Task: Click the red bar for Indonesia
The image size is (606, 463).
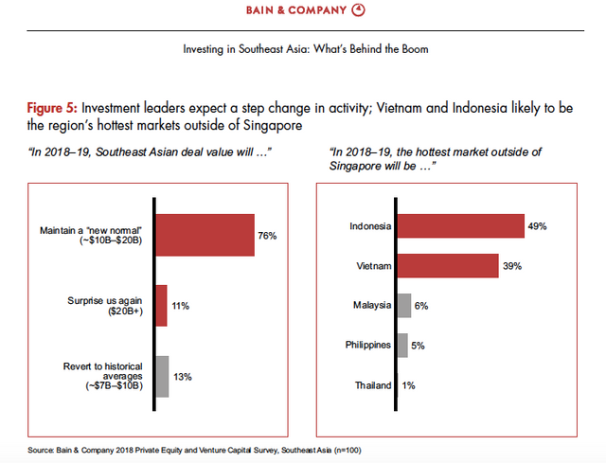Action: (x=459, y=226)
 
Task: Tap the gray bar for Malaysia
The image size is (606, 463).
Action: (x=404, y=305)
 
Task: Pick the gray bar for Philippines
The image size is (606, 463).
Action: (x=402, y=345)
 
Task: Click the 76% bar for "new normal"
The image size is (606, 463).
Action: (x=204, y=235)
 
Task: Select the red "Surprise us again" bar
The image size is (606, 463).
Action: (x=160, y=306)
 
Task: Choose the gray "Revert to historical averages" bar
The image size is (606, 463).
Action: (x=161, y=376)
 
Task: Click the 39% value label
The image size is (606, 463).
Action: (x=513, y=266)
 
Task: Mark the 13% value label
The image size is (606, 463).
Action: (x=183, y=377)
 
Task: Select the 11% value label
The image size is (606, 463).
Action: (x=181, y=306)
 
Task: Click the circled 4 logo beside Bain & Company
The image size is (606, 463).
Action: (x=383, y=10)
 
